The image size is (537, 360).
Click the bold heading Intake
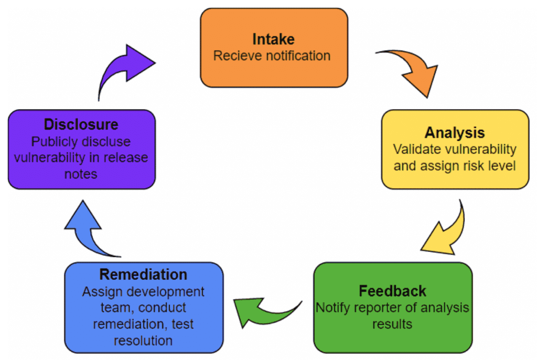(273, 39)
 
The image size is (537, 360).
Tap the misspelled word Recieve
(238, 56)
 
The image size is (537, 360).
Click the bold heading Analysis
(455, 132)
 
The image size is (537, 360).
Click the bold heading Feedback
(392, 291)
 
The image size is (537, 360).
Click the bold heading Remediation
(143, 274)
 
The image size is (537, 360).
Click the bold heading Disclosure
(81, 125)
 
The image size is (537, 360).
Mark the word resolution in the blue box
(143, 341)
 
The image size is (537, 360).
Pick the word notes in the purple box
(81, 174)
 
